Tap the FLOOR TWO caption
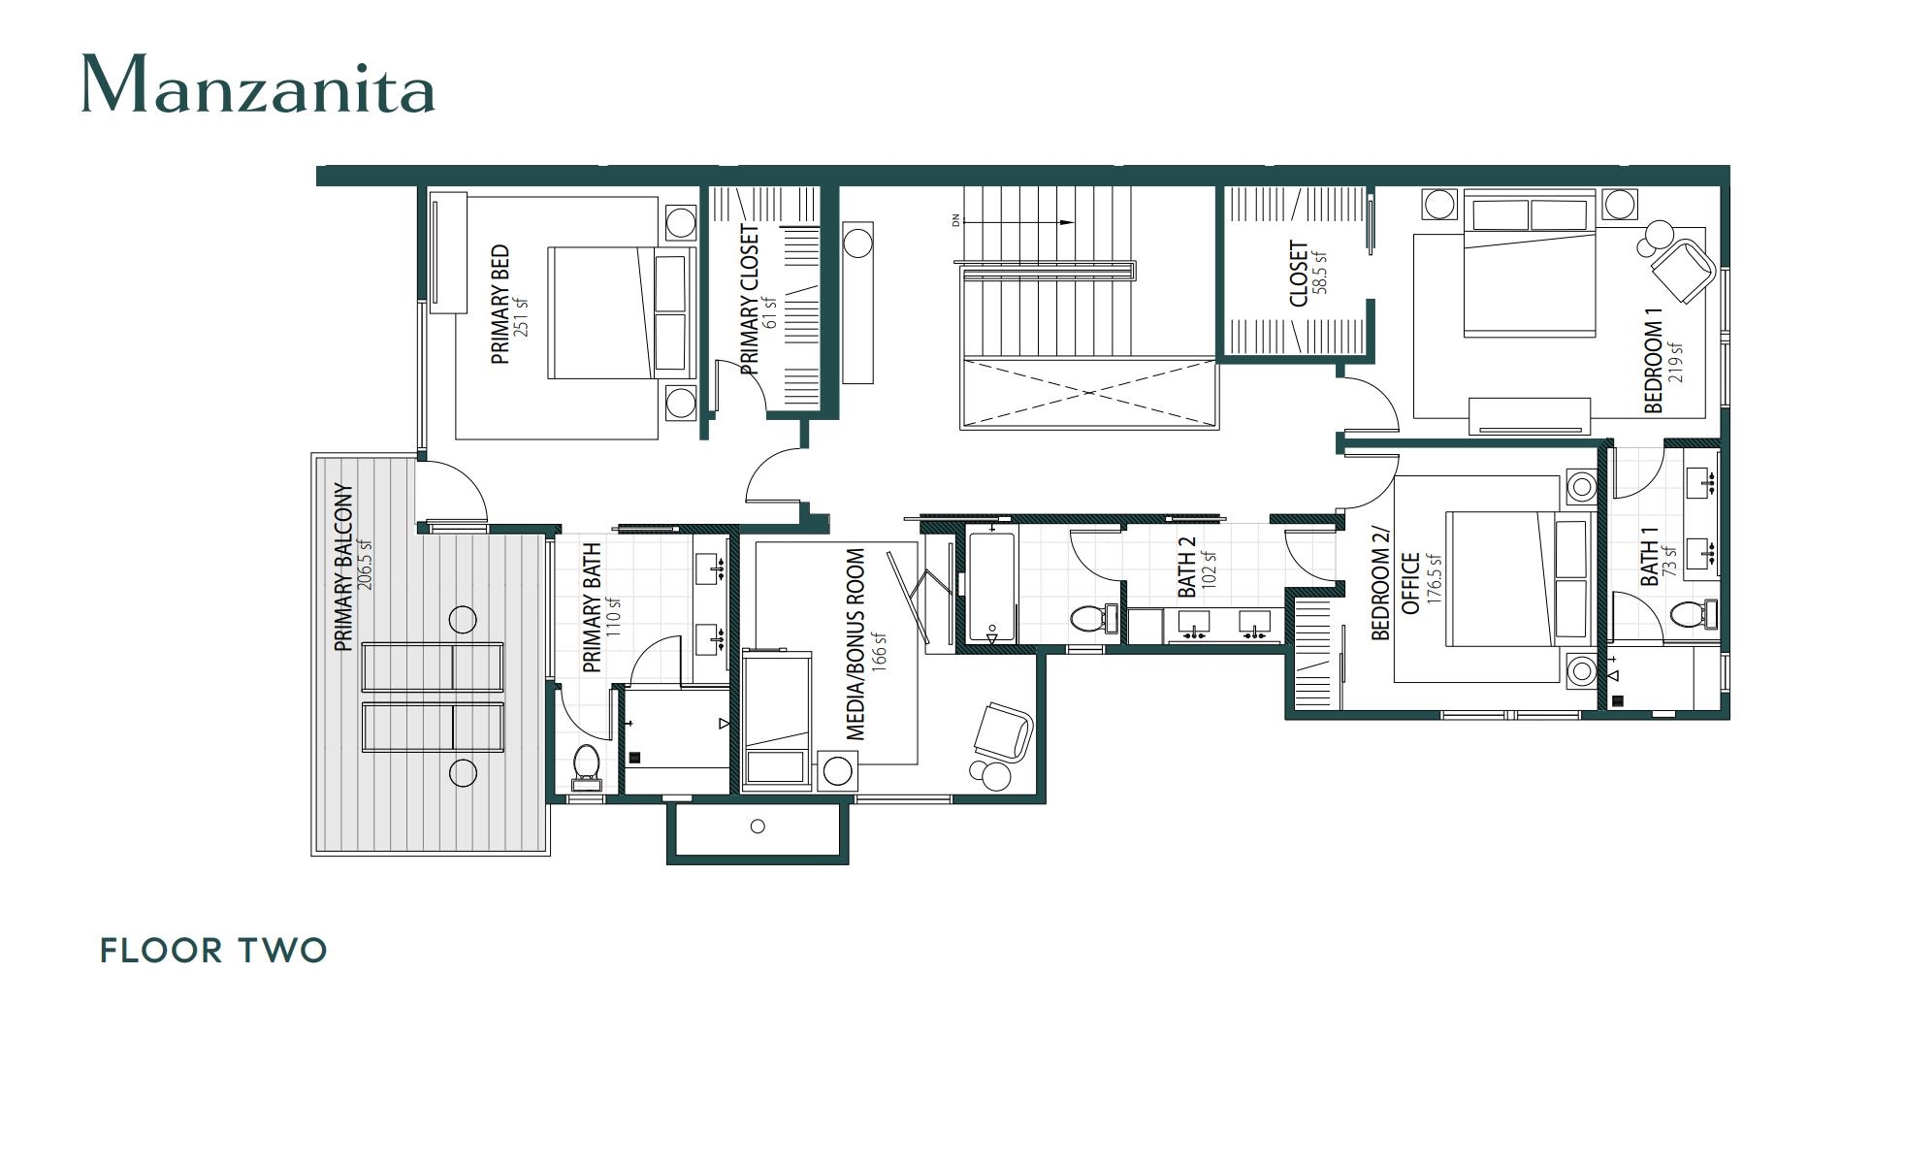213,951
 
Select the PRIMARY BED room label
500,305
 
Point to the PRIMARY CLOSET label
750,300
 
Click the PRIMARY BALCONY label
342,568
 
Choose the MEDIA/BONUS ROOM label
856,645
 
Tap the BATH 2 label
1186,568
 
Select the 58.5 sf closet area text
1320,273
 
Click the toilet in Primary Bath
586,763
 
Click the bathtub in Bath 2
990,587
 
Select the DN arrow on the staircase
1018,222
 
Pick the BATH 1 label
1649,557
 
